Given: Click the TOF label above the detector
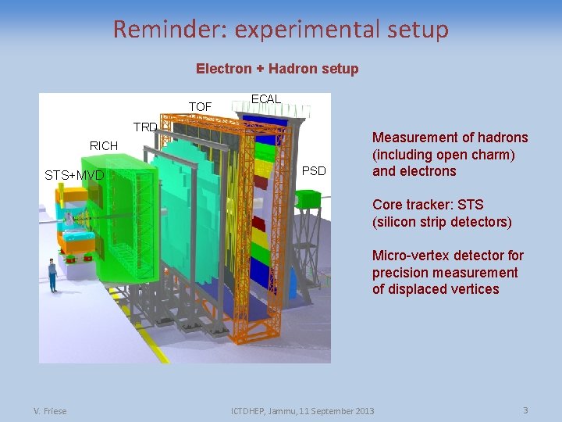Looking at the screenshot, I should coord(200,105).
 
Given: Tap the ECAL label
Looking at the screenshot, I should coord(265,98).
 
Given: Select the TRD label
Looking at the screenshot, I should coord(145,127).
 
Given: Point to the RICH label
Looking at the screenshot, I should coord(104,145).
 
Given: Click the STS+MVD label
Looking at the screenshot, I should coord(74,175).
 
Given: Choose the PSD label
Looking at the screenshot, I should coord(314,170).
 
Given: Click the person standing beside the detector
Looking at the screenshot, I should coord(52,275).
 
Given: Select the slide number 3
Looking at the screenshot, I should coord(526,410).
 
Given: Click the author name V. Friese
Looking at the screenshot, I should coord(50,411).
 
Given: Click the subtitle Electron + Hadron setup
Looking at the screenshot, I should coord(277,69).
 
